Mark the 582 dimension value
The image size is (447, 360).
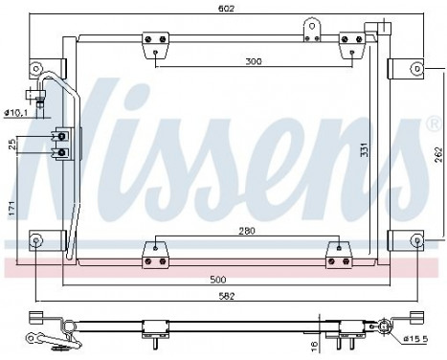[x=227, y=295]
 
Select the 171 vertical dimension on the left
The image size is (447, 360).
[x=11, y=206]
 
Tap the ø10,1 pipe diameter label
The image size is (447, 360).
[x=15, y=114]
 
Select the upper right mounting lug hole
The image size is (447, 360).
[x=416, y=69]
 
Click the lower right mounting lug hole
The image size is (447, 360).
[x=416, y=239]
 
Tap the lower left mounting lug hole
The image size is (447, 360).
[x=35, y=239]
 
